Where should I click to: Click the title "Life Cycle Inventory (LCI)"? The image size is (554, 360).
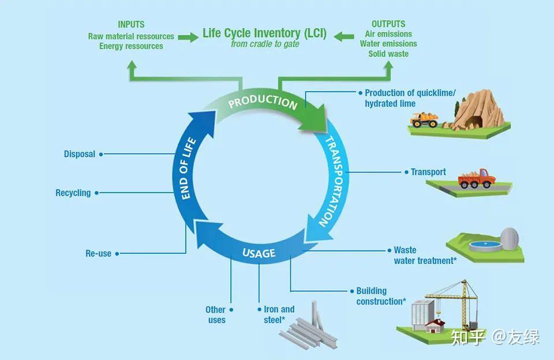point(264,33)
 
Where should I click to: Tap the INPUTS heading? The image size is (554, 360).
point(131,24)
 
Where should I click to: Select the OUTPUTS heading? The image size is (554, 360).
point(388,24)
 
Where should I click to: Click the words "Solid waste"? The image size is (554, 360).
point(388,54)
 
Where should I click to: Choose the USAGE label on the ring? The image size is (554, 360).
point(259,253)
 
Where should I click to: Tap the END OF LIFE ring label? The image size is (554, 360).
point(188,168)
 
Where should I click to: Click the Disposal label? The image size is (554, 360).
point(80,154)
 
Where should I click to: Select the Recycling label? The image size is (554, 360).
point(73,193)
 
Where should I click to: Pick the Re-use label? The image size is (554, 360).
point(98,253)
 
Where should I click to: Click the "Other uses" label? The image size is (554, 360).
point(216,314)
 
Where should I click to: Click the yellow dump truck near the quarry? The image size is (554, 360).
point(424,119)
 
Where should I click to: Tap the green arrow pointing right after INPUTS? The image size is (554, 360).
point(188,37)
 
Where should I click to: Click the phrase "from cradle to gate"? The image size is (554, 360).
point(265,44)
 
